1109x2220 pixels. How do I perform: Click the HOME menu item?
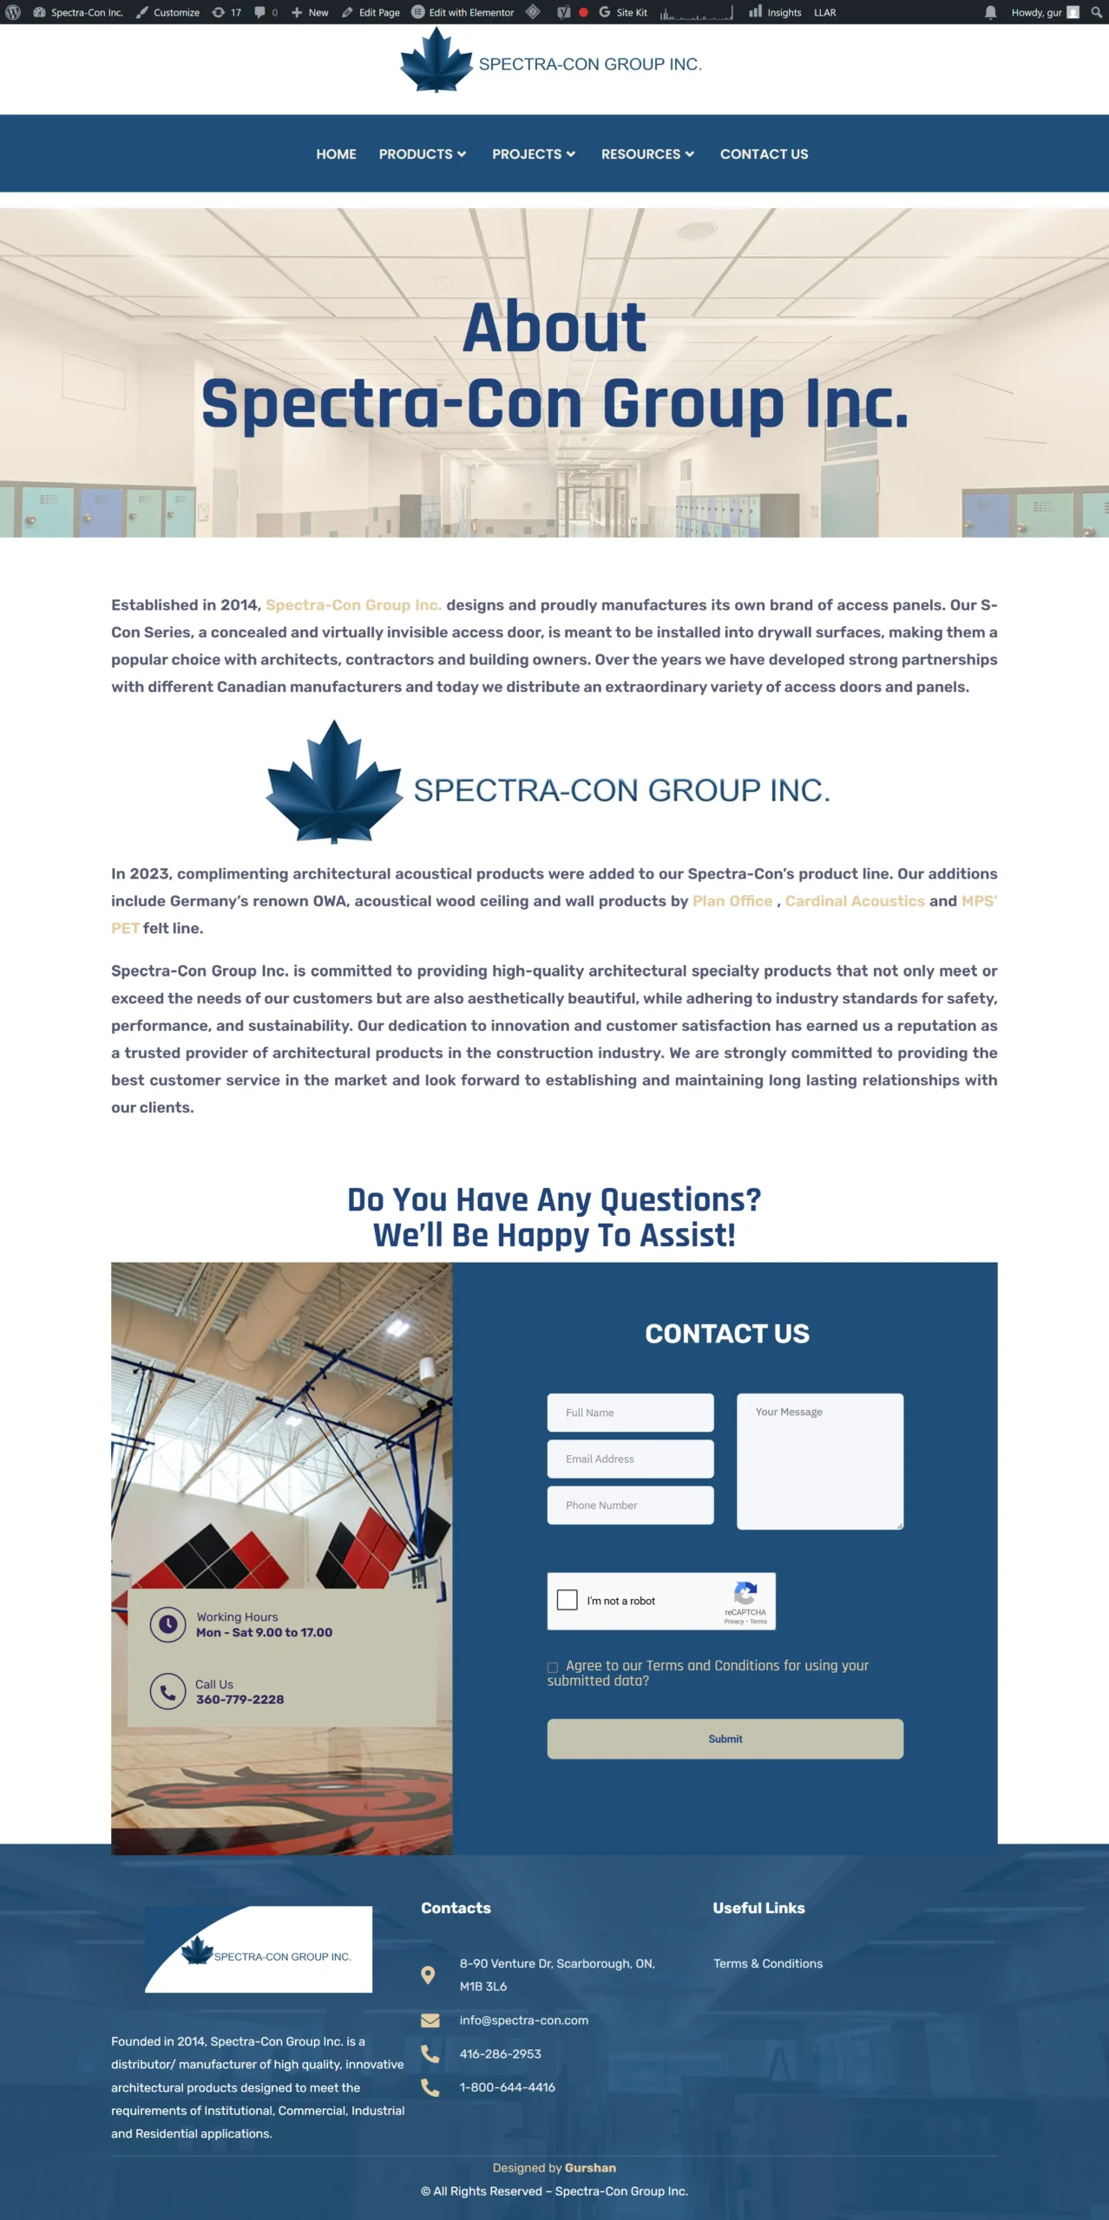pyautogui.click(x=336, y=154)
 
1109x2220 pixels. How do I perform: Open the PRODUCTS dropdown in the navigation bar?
pyautogui.click(x=422, y=154)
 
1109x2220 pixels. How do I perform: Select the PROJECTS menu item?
pyautogui.click(x=533, y=154)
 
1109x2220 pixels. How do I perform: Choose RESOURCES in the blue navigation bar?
pyautogui.click(x=646, y=154)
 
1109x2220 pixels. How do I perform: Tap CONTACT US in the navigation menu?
pyautogui.click(x=764, y=154)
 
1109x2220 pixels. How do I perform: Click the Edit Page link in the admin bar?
pyautogui.click(x=371, y=12)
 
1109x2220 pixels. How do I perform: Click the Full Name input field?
pyautogui.click(x=630, y=1413)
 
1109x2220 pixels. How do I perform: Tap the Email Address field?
pyautogui.click(x=630, y=1459)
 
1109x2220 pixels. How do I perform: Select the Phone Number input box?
pyautogui.click(x=630, y=1505)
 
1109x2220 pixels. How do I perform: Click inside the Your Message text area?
pyautogui.click(x=819, y=1462)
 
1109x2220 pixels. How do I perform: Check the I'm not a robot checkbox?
pyautogui.click(x=568, y=1600)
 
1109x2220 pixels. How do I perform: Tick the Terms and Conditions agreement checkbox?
pyautogui.click(x=553, y=1667)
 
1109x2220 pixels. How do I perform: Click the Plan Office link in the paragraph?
pyautogui.click(x=732, y=901)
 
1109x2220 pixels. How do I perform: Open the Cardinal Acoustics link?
pyautogui.click(x=855, y=901)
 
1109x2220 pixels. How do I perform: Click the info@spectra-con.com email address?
pyautogui.click(x=523, y=2021)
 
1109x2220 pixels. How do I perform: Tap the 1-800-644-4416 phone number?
pyautogui.click(x=507, y=2087)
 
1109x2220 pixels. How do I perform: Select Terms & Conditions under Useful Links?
pyautogui.click(x=768, y=1963)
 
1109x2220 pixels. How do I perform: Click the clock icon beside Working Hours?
pyautogui.click(x=167, y=1624)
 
